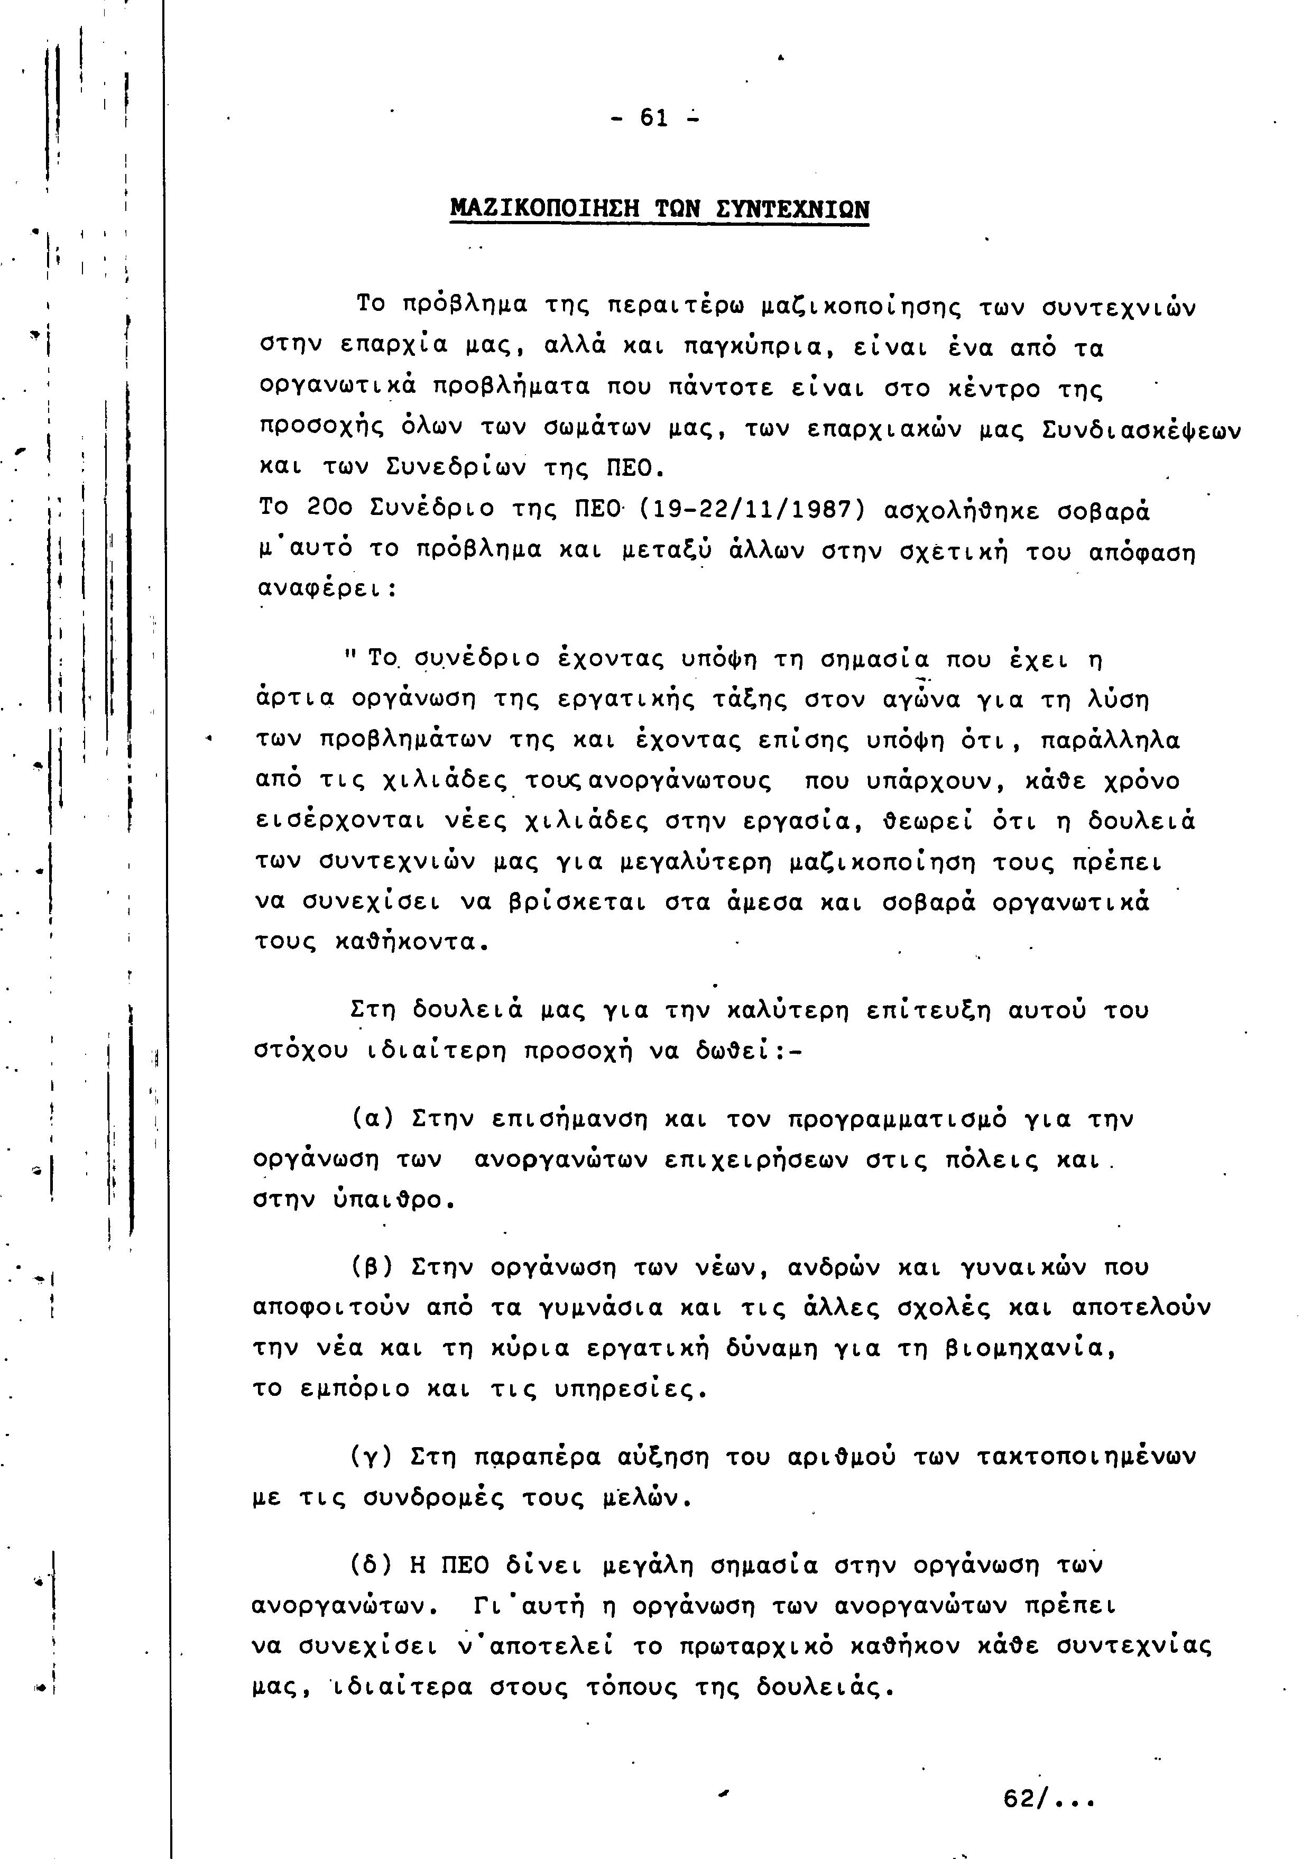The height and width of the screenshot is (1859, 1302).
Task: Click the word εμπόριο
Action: pyautogui.click(x=352, y=1390)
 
